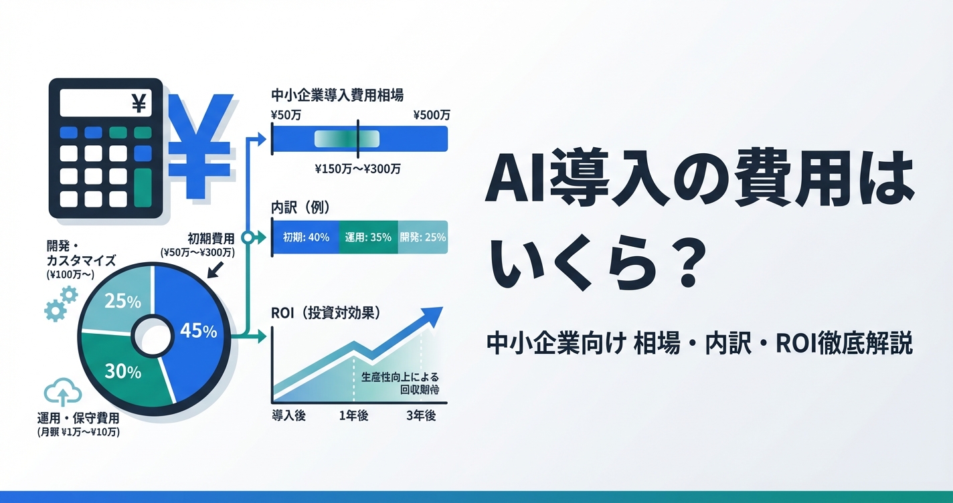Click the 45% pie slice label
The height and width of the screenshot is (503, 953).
tap(199, 331)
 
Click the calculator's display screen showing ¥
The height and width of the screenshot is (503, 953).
tap(106, 103)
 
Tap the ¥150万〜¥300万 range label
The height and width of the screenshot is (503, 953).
tap(357, 169)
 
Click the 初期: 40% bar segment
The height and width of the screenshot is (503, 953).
tap(306, 237)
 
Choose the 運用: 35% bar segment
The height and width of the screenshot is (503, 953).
tap(369, 237)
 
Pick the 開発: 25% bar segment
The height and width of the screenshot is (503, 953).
tap(423, 237)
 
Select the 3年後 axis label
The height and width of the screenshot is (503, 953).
tap(421, 415)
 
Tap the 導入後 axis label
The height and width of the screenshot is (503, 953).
tap(288, 415)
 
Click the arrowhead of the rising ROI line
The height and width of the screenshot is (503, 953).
tap(434, 314)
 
